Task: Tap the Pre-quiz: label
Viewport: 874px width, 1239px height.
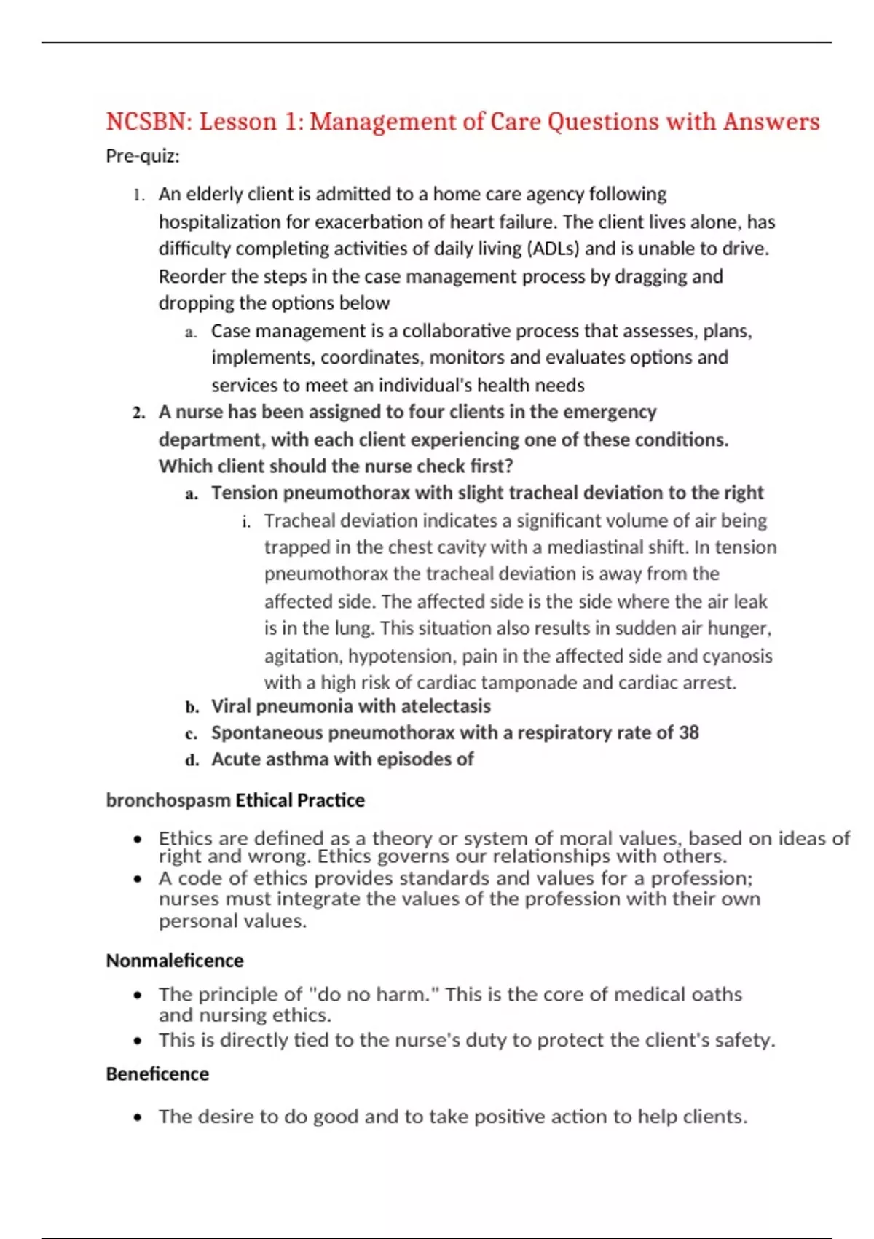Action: [143, 156]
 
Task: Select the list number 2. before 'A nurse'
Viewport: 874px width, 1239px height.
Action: [139, 413]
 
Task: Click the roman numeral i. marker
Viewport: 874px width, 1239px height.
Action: [247, 522]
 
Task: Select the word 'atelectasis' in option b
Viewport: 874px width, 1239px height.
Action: [446, 706]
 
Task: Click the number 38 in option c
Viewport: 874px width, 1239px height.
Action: [688, 732]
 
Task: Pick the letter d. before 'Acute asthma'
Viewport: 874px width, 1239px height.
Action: [192, 760]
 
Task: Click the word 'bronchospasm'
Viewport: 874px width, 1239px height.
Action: [168, 800]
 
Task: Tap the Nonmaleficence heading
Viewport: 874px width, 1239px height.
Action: [175, 961]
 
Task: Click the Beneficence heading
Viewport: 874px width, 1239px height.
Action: [157, 1074]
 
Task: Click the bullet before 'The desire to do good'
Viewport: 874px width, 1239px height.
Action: [138, 1117]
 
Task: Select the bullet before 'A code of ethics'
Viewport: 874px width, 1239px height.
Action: [138, 879]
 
